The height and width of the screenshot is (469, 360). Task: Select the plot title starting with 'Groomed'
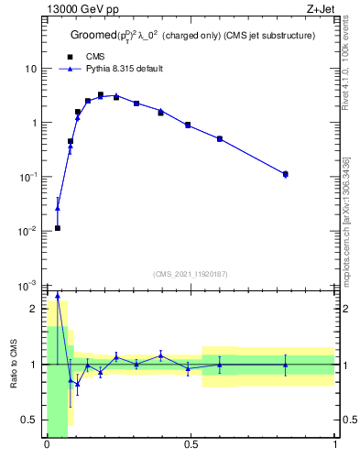193,35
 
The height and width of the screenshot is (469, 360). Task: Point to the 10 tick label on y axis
30,69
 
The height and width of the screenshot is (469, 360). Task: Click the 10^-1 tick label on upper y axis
27,176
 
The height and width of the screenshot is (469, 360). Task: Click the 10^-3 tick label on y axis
27,285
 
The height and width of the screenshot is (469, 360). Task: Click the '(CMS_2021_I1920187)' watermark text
191,275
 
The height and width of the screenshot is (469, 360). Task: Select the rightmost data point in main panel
286,173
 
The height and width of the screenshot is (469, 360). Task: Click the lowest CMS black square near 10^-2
57,228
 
